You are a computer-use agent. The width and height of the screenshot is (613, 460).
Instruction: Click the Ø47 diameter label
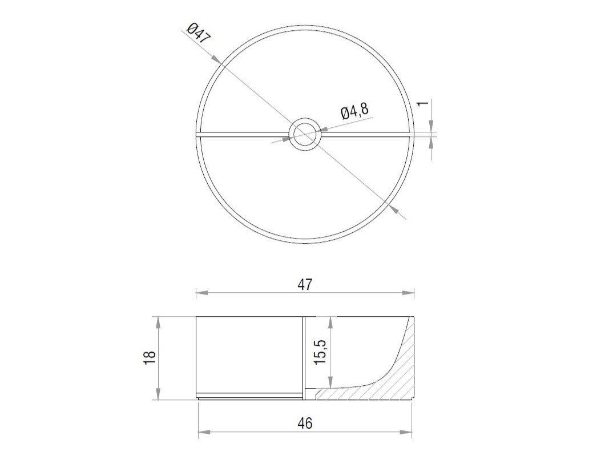pyautogui.click(x=199, y=33)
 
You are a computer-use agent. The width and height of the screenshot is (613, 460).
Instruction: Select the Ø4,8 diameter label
pyautogui.click(x=354, y=111)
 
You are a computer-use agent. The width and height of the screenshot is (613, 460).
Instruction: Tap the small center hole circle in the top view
pyautogui.click(x=305, y=134)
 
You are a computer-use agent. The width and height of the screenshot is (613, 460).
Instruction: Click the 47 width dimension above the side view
pyautogui.click(x=305, y=285)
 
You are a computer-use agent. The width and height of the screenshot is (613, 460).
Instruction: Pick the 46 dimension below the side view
pyautogui.click(x=305, y=423)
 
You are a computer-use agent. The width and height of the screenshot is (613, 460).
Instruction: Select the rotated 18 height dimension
pyautogui.click(x=150, y=358)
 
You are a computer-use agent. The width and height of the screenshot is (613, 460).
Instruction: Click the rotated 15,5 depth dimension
pyautogui.click(x=320, y=352)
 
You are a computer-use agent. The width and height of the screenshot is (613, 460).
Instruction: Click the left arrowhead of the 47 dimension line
pyautogui.click(x=201, y=292)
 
